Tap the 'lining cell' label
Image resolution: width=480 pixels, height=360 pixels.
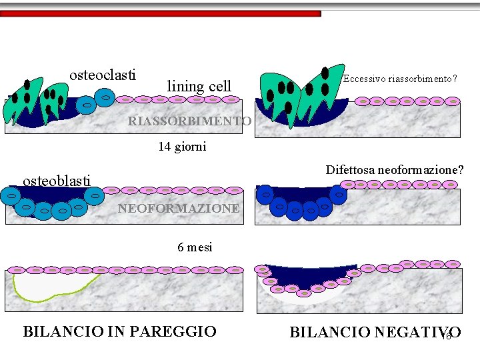tap(199, 86)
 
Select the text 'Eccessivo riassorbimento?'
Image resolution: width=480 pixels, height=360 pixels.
tap(399, 79)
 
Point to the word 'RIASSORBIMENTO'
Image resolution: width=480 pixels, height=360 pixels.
tap(189, 121)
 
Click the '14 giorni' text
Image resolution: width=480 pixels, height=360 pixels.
tap(182, 147)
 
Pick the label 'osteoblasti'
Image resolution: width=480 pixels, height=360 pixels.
tap(57, 181)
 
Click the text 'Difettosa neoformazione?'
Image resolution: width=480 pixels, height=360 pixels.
tap(395, 170)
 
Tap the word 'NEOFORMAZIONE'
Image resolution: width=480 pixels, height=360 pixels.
tap(179, 209)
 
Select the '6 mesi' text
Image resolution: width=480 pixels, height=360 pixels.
tap(195, 247)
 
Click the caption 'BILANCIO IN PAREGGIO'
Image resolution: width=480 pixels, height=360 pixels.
tap(120, 331)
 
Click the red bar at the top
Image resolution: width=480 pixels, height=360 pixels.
tap(160, 13)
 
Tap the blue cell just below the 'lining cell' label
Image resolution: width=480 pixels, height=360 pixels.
tap(105, 98)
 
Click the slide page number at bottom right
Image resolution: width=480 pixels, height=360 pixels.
tap(448, 335)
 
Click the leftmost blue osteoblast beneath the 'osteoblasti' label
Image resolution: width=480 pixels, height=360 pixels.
tap(11, 195)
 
